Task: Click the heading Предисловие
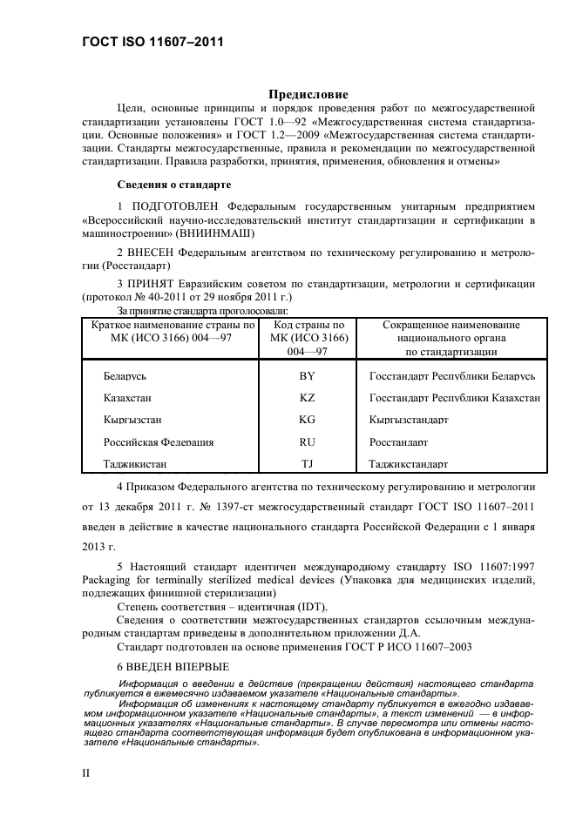tap(306, 94)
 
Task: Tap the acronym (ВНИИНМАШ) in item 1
tap(215, 234)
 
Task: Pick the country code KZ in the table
tap(306, 397)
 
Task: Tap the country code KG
tap(306, 420)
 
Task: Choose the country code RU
tap(306, 442)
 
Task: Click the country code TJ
tap(306, 464)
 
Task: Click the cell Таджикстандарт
tap(408, 465)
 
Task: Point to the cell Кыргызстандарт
tap(408, 420)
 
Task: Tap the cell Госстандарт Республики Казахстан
tap(454, 397)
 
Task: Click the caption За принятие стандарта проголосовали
tap(202, 310)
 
